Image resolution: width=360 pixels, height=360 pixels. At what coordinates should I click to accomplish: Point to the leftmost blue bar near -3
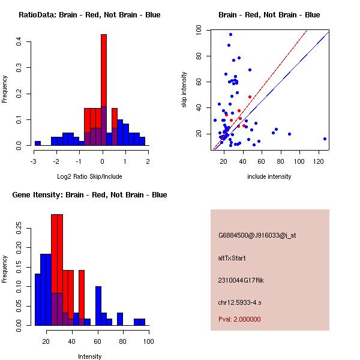37,143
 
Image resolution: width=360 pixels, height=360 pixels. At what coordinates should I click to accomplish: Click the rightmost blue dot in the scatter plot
325,139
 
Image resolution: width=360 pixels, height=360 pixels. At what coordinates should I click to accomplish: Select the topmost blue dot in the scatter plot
230,35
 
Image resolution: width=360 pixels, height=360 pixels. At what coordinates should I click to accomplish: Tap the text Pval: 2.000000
239,319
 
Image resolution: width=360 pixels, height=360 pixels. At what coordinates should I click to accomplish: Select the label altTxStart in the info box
232,258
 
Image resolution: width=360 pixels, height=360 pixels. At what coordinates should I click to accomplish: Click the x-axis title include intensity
269,176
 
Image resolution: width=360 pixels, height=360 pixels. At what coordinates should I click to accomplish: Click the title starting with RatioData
89,15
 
